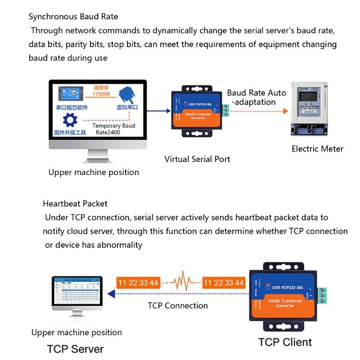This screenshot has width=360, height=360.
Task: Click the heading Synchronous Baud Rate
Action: click(73, 17)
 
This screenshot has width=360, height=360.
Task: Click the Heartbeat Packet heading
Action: click(75, 203)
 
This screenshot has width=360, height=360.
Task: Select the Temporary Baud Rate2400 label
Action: click(114, 130)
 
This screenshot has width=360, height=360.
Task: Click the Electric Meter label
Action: click(317, 148)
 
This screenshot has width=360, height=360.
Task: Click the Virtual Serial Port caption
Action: click(197, 159)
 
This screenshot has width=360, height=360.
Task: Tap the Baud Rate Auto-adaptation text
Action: click(256, 97)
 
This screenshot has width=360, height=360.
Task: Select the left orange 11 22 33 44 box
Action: click(138, 283)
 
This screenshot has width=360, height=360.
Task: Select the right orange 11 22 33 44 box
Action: click(224, 283)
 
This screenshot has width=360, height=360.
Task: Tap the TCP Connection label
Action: click(178, 306)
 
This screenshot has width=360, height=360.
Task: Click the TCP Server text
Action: click(76, 349)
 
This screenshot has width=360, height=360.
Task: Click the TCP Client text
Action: click(285, 342)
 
